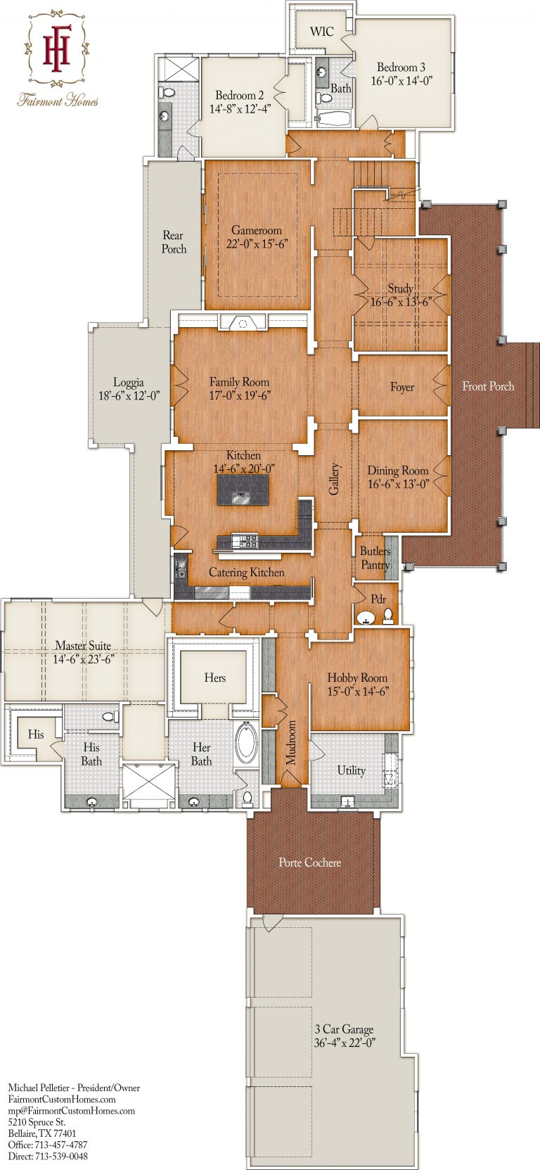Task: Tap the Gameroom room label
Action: [257, 230]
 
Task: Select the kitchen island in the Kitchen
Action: [243, 489]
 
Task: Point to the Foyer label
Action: [402, 387]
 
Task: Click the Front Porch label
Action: [488, 386]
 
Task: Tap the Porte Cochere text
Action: [309, 863]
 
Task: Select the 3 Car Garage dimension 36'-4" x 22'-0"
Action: [345, 1043]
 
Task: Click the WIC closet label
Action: [322, 32]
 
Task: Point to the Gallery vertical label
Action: [335, 478]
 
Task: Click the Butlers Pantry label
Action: [375, 558]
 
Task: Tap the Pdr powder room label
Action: [378, 599]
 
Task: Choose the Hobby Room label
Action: [357, 678]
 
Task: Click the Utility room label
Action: [351, 770]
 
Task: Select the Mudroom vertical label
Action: [291, 742]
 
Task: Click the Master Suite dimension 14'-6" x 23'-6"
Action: [83, 659]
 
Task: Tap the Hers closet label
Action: [215, 678]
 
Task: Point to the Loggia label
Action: [129, 383]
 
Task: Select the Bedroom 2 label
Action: [240, 95]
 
